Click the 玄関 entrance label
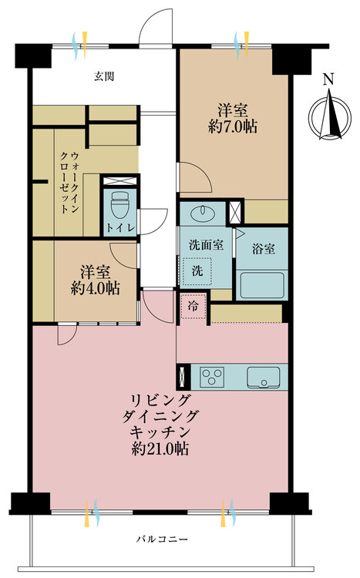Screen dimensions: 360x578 [x=104, y=76]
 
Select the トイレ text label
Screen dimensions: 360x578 [x=120, y=228]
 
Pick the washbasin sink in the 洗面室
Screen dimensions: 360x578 [x=202, y=212]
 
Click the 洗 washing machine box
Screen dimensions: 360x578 [x=197, y=271]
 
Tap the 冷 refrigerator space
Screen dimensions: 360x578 [x=193, y=306]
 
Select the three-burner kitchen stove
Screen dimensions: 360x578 [x=212, y=377]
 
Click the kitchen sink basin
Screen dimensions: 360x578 [x=264, y=377]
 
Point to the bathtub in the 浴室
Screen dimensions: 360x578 [x=261, y=285]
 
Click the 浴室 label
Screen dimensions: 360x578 [x=264, y=249]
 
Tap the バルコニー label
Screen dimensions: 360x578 [x=162, y=539]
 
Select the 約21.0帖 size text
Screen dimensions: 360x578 [x=160, y=449]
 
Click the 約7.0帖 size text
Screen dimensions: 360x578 [x=233, y=127]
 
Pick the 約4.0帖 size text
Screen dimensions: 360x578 [x=95, y=288]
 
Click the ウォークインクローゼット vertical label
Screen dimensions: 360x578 [x=69, y=182]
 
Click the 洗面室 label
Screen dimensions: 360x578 [x=206, y=245]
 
